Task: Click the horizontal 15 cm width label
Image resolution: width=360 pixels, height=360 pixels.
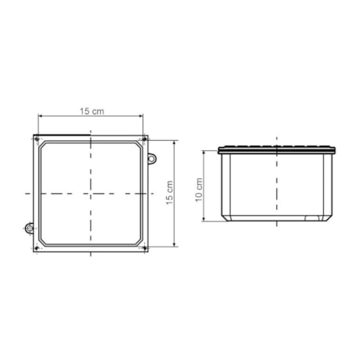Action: tap(92, 112)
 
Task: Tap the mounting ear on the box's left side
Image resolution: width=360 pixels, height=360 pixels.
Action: tap(29, 229)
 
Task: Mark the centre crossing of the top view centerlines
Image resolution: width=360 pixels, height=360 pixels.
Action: tap(92, 193)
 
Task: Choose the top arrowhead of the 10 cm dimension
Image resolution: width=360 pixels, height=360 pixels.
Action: tap(205, 153)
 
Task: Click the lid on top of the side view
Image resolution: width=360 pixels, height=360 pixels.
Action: tap(278, 149)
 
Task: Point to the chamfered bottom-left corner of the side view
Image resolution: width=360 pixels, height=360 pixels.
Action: tap(225, 216)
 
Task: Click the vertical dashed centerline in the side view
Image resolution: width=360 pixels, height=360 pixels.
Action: tap(278, 188)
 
